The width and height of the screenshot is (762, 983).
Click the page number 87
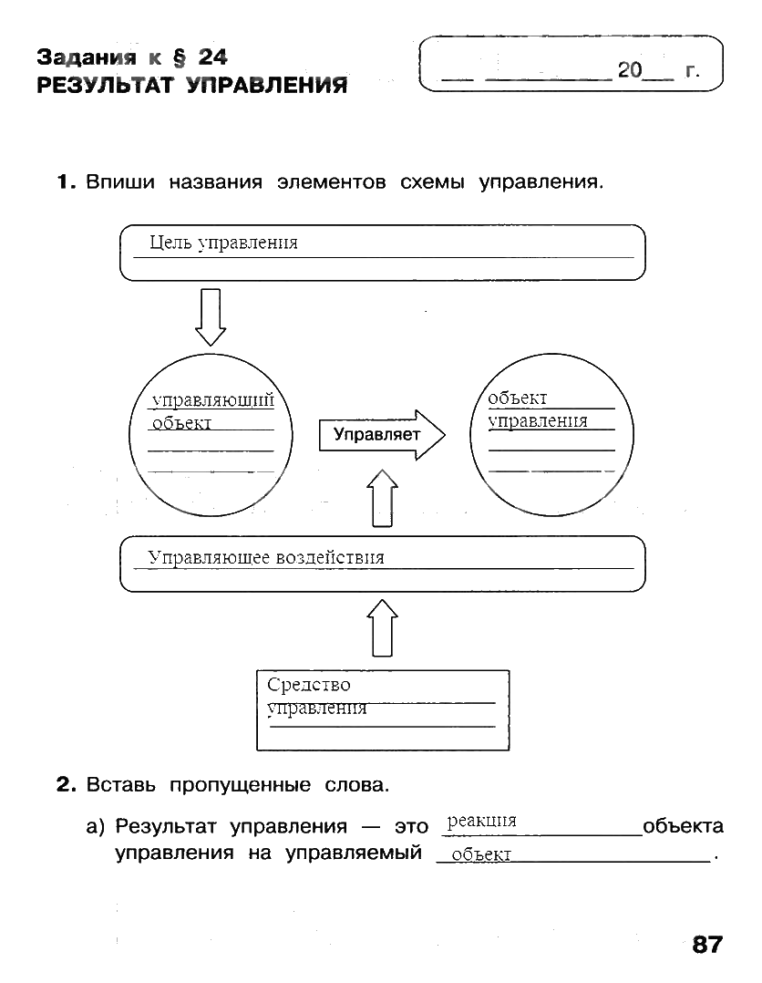(706, 944)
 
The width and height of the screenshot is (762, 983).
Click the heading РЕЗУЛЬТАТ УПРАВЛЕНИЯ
(191, 87)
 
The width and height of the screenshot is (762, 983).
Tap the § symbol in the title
(179, 58)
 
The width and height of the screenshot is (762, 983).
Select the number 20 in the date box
(630, 70)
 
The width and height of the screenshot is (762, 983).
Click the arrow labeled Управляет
(381, 435)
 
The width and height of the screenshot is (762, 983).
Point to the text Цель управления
(223, 243)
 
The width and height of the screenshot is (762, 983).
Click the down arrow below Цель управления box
(211, 316)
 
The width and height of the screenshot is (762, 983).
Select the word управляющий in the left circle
(212, 399)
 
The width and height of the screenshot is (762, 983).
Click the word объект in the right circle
(517, 398)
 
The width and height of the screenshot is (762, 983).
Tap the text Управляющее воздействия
(266, 557)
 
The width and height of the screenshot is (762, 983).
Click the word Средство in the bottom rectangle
(308, 685)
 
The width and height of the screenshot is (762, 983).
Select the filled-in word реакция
(481, 821)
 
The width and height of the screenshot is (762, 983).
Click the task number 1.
(64, 182)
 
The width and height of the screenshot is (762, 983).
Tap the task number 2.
(64, 784)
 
